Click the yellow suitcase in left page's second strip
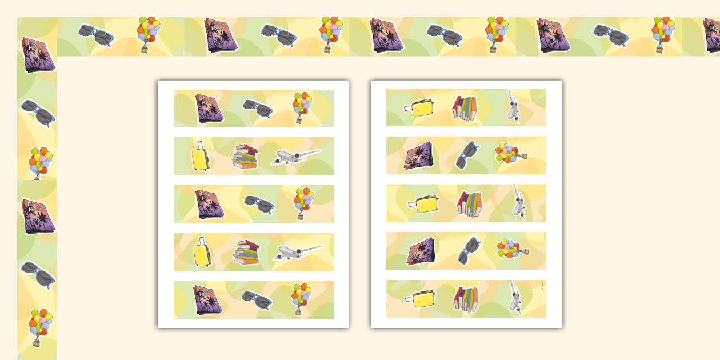click(x=200, y=157)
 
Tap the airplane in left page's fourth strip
click(x=297, y=252)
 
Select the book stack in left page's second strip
click(x=245, y=157)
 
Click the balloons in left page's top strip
click(x=302, y=107)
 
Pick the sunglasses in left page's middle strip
click(x=259, y=204)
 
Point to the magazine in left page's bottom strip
click(x=207, y=299)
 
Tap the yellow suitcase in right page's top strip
click(x=420, y=107)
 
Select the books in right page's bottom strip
click(x=466, y=299)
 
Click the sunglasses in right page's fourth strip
click(x=468, y=251)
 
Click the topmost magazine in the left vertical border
click(x=38, y=54)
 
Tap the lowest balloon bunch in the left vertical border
click(x=38, y=327)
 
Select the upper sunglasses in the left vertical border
click(x=38, y=113)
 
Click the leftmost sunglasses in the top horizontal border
click(x=95, y=35)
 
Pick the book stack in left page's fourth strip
click(x=246, y=253)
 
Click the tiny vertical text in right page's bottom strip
click(x=542, y=285)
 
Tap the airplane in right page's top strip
click(x=513, y=106)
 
